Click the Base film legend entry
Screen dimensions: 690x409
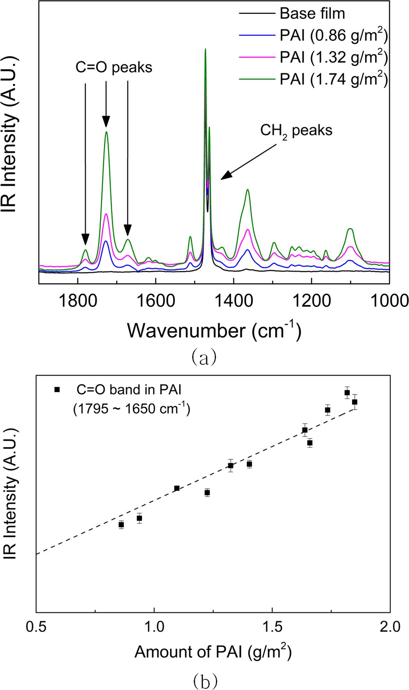312,14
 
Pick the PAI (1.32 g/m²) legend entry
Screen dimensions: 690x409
333,57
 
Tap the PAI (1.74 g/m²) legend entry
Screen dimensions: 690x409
333,79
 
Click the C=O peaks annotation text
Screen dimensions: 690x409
114,67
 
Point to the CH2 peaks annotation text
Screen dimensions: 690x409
296,131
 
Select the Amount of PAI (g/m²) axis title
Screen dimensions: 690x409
213,652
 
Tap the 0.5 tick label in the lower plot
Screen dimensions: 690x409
36,626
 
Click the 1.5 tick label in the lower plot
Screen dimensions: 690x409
272,626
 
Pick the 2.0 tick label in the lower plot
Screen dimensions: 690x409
390,626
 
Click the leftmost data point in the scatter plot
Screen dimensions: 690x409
121,525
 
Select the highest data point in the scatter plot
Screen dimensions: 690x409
347,392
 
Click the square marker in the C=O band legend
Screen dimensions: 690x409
57,389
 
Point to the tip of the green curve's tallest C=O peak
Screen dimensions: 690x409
107,132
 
